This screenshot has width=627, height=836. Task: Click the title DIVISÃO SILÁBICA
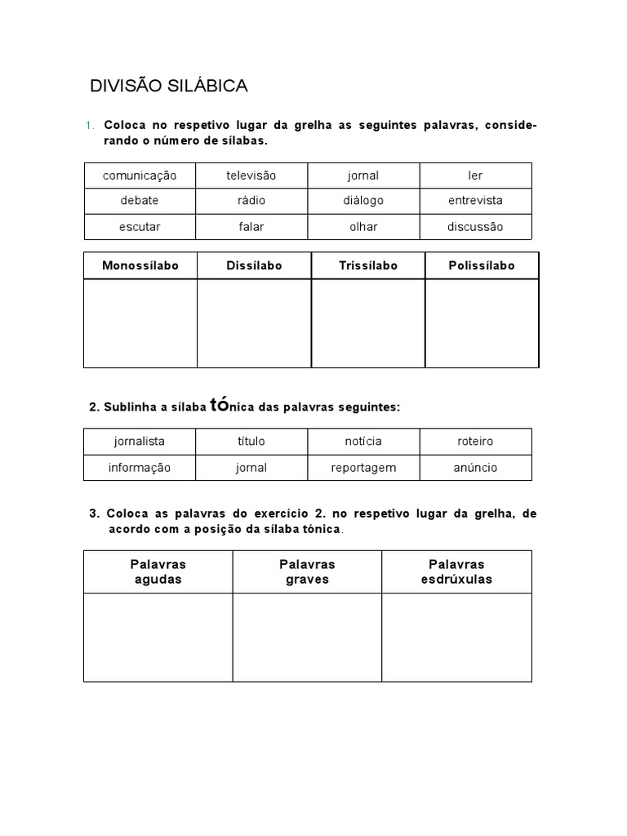(168, 86)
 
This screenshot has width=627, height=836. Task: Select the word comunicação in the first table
(140, 176)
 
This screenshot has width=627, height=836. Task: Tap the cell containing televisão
(251, 176)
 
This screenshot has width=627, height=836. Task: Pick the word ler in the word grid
(475, 176)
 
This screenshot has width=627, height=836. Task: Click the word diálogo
(363, 201)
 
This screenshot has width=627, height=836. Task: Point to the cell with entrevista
(475, 201)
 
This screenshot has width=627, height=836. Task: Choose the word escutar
(140, 227)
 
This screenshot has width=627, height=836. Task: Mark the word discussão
(475, 227)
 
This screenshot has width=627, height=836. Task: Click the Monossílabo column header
(140, 266)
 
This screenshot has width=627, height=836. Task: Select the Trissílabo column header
(368, 266)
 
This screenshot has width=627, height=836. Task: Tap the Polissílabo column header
(482, 266)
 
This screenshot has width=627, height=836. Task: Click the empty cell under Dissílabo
(254, 323)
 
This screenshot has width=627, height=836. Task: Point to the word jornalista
(140, 442)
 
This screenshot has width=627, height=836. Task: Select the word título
(251, 442)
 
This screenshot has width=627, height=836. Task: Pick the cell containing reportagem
(363, 468)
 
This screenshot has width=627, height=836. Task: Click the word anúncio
(475, 468)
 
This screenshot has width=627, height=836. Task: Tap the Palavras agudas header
(158, 571)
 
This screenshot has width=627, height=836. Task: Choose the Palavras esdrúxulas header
(456, 571)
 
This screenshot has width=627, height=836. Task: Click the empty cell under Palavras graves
(307, 638)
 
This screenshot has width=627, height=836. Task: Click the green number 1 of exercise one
(88, 126)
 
